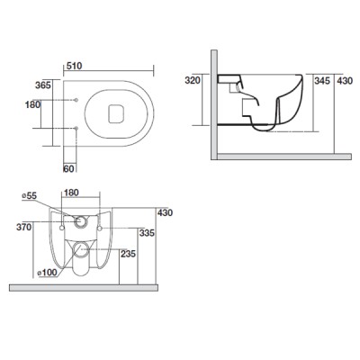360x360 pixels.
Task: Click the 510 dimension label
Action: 74,66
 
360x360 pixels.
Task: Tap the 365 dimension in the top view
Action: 43,85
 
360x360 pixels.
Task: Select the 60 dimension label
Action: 68,169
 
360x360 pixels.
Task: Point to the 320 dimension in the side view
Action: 193,80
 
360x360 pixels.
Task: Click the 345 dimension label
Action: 322,80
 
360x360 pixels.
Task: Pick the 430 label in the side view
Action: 345,80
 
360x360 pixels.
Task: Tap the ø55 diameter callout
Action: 30,196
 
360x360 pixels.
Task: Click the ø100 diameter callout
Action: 47,273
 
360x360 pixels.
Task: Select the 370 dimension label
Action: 24,228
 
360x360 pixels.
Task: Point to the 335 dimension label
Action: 147,233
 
